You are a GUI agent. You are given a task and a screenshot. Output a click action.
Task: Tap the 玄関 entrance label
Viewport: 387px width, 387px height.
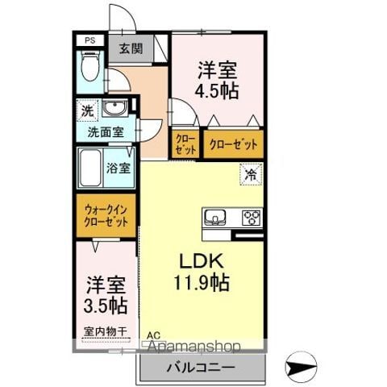131,48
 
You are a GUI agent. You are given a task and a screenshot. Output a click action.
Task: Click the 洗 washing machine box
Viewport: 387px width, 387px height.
85,109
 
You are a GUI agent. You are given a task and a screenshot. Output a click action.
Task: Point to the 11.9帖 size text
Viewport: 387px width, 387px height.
200,283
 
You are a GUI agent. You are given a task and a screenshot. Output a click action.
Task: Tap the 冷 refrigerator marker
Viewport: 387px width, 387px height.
251,173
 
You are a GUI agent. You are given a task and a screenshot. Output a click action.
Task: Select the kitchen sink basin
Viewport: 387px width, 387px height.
215,217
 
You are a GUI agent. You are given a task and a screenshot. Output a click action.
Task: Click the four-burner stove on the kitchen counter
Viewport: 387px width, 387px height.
252,217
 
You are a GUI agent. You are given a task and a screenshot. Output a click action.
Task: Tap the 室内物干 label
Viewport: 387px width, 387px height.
106,331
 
